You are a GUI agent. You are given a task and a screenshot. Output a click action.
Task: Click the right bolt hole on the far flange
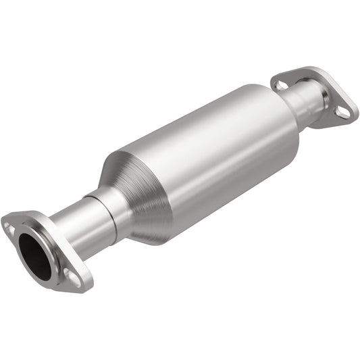click(x=344, y=113)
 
